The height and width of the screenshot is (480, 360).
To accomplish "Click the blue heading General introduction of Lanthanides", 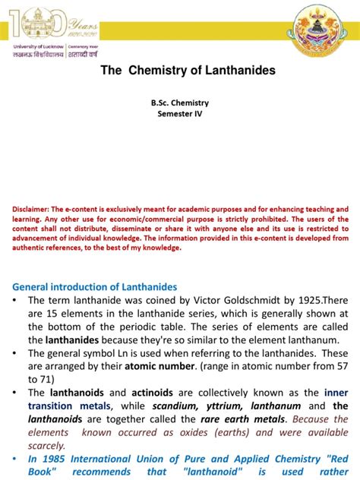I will point(95,287).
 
